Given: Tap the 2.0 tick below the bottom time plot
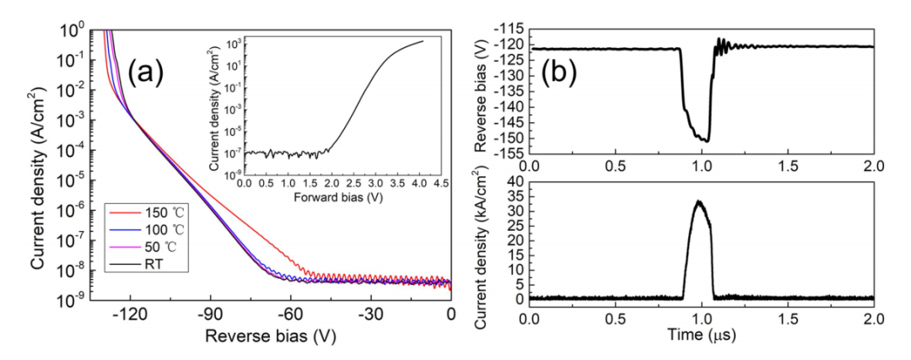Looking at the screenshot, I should click(872, 320).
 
